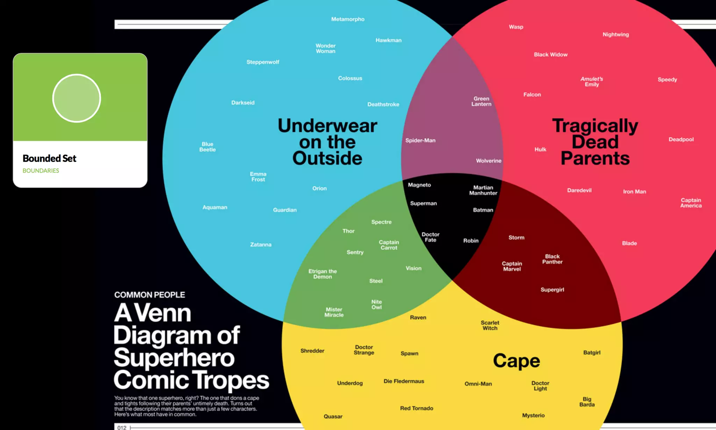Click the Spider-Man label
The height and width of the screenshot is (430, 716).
point(420,140)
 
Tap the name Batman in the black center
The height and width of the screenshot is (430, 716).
point(483,210)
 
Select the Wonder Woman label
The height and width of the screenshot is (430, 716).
point(325,48)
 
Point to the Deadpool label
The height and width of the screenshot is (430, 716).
point(681,139)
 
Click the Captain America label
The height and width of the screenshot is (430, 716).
point(691,203)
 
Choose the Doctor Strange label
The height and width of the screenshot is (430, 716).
point(364,350)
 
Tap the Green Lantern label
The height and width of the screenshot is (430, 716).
point(481,101)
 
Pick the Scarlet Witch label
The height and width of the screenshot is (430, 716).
point(490,325)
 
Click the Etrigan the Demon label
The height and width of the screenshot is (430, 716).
point(322,274)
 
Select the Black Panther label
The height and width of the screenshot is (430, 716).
point(552,259)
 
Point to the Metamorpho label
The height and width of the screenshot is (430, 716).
point(348,19)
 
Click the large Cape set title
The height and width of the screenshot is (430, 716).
point(516,361)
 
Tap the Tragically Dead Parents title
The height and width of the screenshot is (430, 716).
point(595,142)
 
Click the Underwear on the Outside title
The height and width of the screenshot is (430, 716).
point(327,142)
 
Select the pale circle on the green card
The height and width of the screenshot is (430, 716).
point(77,98)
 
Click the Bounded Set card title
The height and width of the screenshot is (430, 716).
point(49,158)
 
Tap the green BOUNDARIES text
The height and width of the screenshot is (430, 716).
point(41,171)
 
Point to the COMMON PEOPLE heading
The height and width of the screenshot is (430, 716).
point(150,295)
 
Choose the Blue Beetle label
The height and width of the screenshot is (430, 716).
point(207,147)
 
